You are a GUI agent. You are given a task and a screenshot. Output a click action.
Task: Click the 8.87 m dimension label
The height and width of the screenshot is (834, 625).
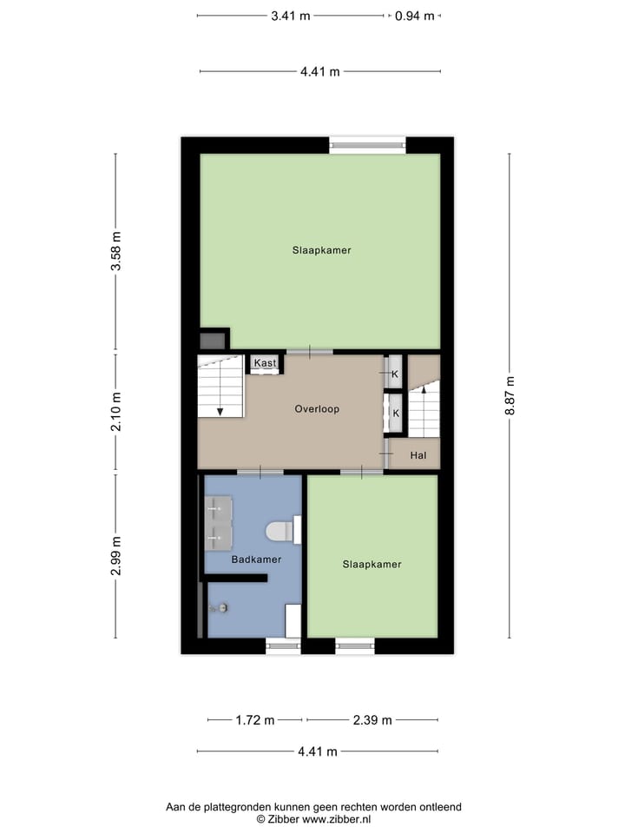click(x=511, y=395)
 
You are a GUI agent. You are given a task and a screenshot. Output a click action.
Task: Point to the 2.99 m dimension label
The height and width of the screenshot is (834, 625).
click(x=116, y=556)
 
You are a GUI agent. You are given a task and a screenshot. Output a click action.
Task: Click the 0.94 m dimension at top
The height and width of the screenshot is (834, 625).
click(x=414, y=15)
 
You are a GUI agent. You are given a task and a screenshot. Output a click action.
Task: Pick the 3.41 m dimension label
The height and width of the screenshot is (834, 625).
click(x=291, y=15)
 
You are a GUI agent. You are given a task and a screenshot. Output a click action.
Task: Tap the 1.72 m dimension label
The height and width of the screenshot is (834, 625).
click(x=255, y=719)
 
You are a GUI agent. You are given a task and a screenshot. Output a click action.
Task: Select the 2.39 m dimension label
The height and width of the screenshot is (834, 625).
click(x=372, y=719)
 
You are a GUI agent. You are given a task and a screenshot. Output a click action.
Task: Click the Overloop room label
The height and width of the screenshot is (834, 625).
click(x=317, y=408)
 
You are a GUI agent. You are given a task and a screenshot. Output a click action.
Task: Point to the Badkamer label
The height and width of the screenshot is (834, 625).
click(x=256, y=559)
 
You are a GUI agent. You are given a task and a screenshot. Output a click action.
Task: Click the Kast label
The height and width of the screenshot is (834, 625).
click(x=265, y=363)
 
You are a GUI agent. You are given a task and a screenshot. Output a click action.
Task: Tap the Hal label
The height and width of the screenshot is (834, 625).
click(x=418, y=454)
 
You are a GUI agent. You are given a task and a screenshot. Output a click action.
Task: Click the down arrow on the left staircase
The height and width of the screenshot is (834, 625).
click(x=220, y=410)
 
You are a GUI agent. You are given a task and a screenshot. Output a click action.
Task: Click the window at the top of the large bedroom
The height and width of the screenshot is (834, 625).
click(x=367, y=145)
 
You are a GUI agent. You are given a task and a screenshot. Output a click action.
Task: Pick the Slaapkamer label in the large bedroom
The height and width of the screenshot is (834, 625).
click(x=321, y=250)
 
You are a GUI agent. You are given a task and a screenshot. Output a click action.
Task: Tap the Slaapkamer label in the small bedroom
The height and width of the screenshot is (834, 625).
click(x=372, y=564)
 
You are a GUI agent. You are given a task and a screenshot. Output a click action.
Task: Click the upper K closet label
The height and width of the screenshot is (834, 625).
click(x=395, y=374)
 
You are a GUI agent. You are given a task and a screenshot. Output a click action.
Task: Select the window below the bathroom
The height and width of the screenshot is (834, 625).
click(x=282, y=645)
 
